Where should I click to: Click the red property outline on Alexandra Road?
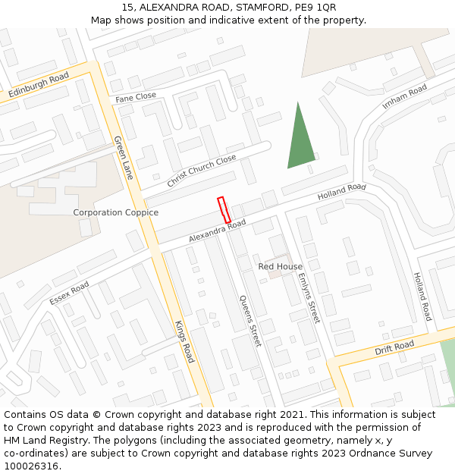click(224, 210)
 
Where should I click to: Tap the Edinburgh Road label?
click(39, 85)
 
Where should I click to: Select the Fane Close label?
click(136, 97)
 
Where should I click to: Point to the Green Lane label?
click(123, 157)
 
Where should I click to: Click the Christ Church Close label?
click(202, 171)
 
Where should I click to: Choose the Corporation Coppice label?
click(115, 212)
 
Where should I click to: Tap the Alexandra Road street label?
click(218, 231)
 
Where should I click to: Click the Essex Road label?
click(69, 293)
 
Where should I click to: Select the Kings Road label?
click(184, 342)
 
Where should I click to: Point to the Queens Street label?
click(250, 321)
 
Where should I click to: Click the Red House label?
click(280, 266)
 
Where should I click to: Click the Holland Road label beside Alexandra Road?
click(341, 192)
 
